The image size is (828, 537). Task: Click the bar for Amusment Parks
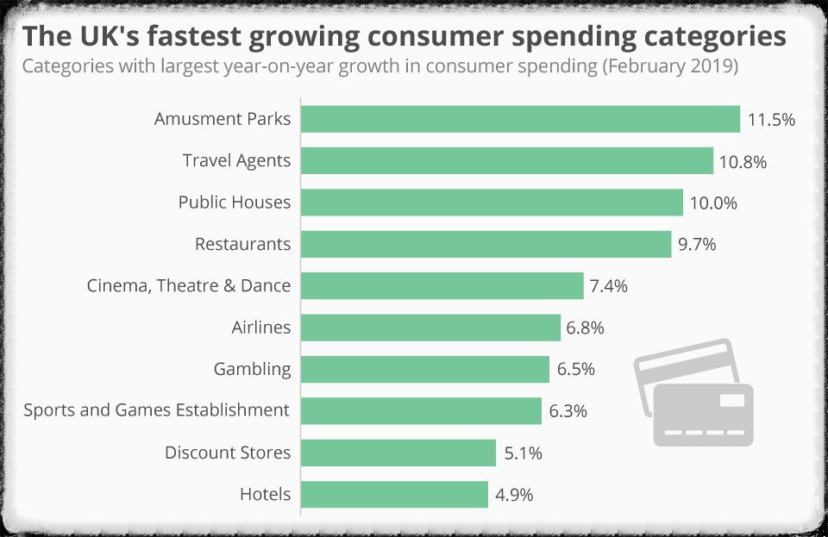click(x=520, y=119)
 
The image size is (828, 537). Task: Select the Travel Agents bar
click(x=507, y=160)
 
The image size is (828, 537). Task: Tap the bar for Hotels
click(x=395, y=495)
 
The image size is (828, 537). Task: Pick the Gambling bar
click(x=425, y=369)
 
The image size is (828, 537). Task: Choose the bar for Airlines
click(x=431, y=328)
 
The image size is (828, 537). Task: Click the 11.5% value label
click(x=771, y=120)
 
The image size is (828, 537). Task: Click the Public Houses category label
click(x=235, y=203)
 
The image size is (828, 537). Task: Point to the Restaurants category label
click(x=243, y=244)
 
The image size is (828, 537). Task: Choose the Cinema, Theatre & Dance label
click(x=189, y=285)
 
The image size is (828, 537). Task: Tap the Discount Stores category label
click(x=228, y=453)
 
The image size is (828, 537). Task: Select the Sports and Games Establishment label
click(x=157, y=410)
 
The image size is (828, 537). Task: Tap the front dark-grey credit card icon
click(x=703, y=415)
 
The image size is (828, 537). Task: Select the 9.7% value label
click(x=697, y=245)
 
